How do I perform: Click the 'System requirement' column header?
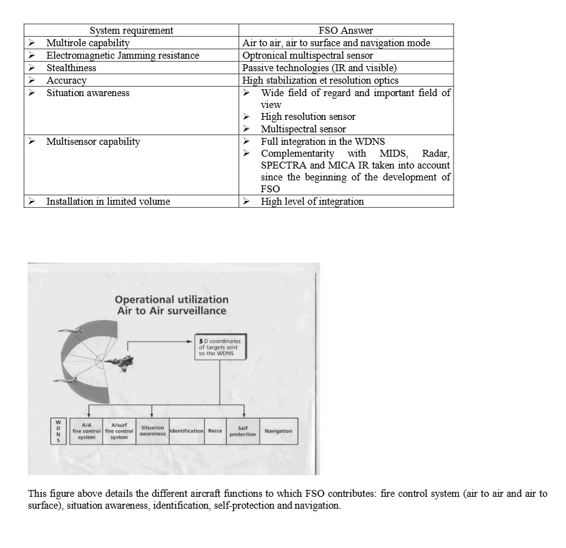point(131,31)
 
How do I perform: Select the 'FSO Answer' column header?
point(345,31)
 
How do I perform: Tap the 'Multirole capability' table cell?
point(87,43)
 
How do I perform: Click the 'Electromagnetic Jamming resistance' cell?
point(122,56)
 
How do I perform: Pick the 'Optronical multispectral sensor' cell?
point(307,56)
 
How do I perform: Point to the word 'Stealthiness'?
point(71,68)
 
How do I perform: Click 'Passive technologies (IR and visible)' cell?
point(319,68)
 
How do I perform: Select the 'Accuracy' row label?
point(66,81)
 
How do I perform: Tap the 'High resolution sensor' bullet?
point(308,117)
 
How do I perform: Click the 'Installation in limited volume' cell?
point(107,202)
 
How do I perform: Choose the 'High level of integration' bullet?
point(312,202)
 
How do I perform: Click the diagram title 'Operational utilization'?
point(172,300)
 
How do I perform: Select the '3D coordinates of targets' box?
point(219,348)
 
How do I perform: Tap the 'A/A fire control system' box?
point(86,431)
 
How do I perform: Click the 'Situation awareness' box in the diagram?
point(152,431)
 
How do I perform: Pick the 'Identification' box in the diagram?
point(186,431)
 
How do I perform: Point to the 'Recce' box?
point(215,431)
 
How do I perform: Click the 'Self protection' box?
point(242,431)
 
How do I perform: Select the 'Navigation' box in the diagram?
point(278,431)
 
